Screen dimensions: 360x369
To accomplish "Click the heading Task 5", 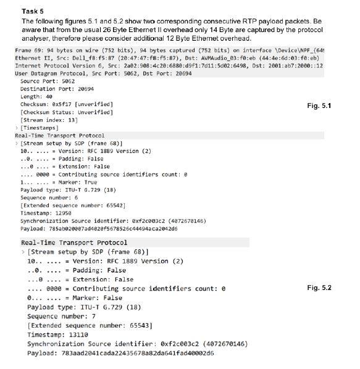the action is pyautogui.click(x=32, y=10).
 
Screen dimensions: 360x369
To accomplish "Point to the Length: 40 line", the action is pyautogui.click(x=37, y=96).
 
